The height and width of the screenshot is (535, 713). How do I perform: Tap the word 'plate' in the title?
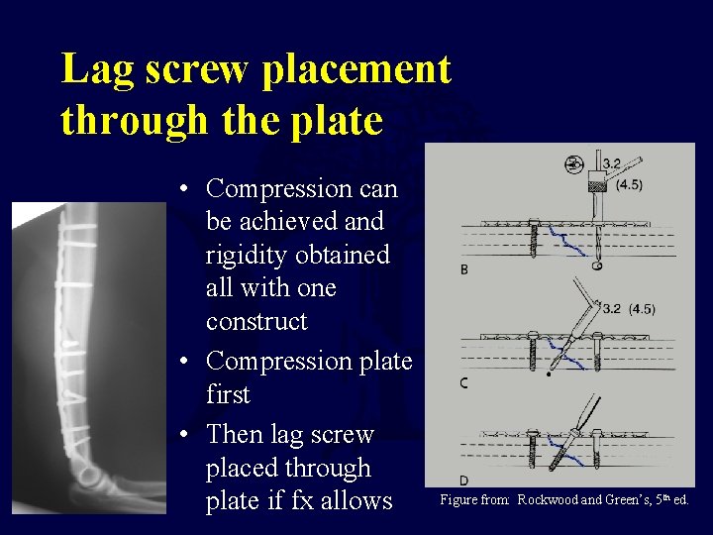click(x=338, y=121)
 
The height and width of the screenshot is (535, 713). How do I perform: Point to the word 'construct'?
click(x=256, y=321)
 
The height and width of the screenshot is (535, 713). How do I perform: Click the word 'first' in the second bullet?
click(x=228, y=394)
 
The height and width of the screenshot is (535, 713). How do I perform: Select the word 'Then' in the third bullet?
click(x=236, y=434)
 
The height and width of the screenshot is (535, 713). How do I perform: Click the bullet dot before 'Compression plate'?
click(x=186, y=362)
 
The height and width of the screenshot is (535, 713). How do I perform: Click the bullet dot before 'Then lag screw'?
click(x=186, y=435)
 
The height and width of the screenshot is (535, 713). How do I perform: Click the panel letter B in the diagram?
click(x=465, y=270)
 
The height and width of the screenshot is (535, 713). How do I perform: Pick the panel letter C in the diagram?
click(x=464, y=383)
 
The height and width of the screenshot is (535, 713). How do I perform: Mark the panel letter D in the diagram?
click(x=464, y=481)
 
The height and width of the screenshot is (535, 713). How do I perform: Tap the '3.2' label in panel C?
click(x=611, y=310)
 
